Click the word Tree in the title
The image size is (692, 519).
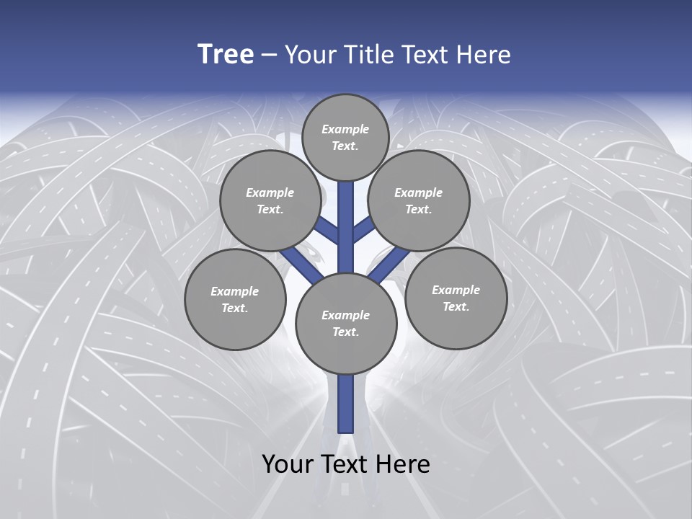pyautogui.click(x=226, y=55)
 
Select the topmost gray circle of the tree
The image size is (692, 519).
pyautogui.click(x=345, y=137)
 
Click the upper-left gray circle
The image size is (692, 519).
pyautogui.click(x=270, y=200)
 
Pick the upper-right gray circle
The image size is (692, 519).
pyautogui.click(x=419, y=200)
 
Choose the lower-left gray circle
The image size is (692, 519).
pyautogui.click(x=235, y=299)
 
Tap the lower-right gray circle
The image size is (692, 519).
pyautogui.click(x=456, y=298)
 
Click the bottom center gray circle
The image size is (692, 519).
pyautogui.click(x=346, y=323)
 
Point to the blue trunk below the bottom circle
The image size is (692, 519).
pyautogui.click(x=346, y=404)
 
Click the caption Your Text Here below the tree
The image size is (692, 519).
pyautogui.click(x=346, y=464)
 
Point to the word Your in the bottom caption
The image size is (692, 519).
pyautogui.click(x=286, y=464)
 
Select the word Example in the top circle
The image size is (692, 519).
pyautogui.click(x=345, y=129)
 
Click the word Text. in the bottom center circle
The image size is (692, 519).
pyautogui.click(x=345, y=332)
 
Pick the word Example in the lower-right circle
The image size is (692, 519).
pyautogui.click(x=456, y=290)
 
